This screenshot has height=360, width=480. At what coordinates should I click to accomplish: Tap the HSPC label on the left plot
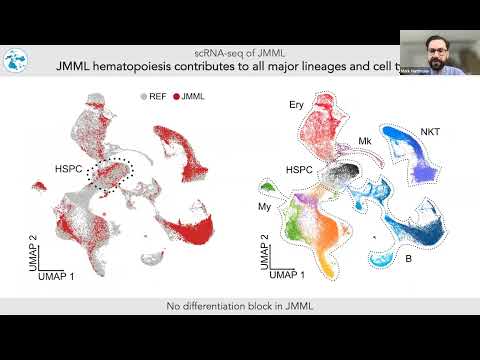(70, 170)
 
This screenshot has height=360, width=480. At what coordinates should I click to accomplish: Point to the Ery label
(296, 104)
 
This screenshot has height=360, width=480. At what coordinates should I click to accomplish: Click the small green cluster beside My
(268, 188)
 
